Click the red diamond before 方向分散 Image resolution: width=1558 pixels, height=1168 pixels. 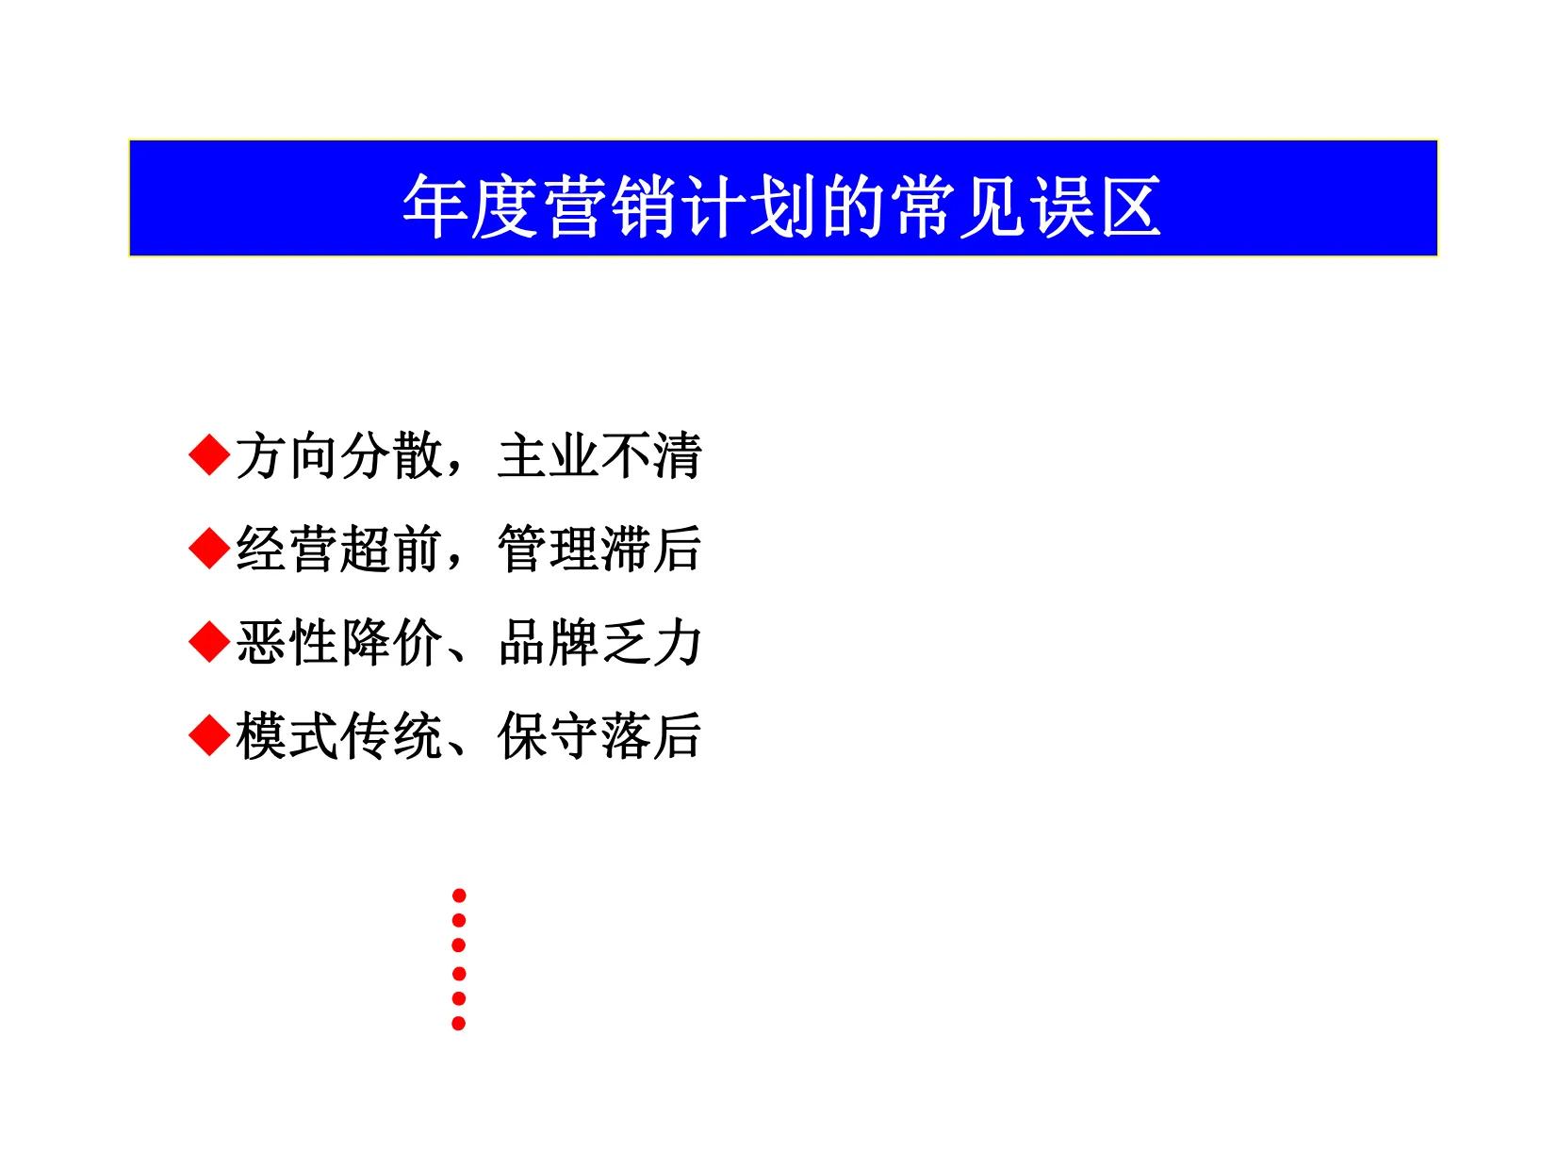coord(209,455)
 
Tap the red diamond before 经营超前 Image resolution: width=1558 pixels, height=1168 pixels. coord(209,549)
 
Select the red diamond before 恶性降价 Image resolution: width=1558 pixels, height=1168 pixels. coord(209,642)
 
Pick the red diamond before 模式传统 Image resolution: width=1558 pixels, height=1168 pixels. coord(209,735)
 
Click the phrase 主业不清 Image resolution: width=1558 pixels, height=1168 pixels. coord(599,456)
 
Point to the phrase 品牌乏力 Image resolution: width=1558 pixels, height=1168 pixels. coord(599,643)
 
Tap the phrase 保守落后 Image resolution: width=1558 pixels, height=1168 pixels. coord(599,736)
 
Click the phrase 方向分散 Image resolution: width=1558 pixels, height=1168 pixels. coord(338,456)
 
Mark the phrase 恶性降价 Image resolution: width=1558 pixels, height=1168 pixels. coord(338,643)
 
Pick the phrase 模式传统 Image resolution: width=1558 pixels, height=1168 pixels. coord(338,736)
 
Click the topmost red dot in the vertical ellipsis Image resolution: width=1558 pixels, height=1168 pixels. coord(459,895)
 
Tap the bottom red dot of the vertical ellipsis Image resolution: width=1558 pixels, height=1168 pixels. coord(459,1023)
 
